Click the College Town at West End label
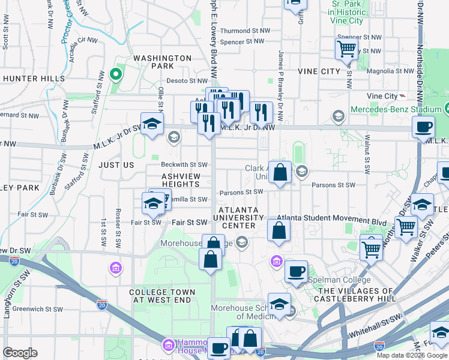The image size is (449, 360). (160, 296)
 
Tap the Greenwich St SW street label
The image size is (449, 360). (37, 310)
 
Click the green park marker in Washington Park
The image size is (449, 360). (115, 76)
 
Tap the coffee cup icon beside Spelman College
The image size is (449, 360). (296, 271)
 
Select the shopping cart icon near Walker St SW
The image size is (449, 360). (406, 227)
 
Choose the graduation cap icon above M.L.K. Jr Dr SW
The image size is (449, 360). (152, 124)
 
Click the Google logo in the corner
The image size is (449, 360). (20, 353)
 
